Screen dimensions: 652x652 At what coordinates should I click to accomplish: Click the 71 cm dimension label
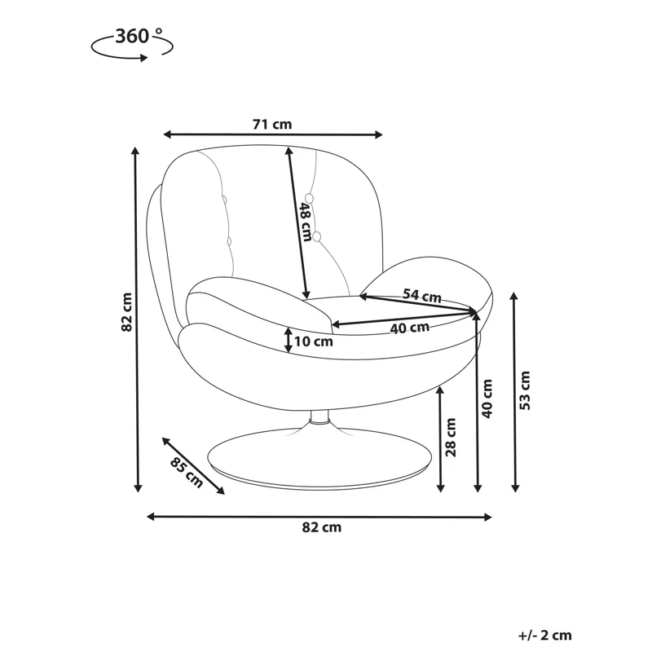(x=272, y=124)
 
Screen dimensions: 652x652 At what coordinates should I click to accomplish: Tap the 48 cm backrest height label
(x=306, y=222)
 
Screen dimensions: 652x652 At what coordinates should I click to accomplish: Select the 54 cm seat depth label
(x=421, y=295)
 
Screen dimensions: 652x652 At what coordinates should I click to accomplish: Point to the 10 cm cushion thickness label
(x=314, y=341)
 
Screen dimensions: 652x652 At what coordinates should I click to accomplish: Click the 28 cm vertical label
(x=451, y=438)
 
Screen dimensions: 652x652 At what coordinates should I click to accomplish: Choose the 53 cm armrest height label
(x=526, y=390)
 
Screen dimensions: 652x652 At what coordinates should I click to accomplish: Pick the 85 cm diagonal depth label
(x=187, y=473)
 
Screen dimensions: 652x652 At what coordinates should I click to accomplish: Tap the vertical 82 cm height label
(x=126, y=312)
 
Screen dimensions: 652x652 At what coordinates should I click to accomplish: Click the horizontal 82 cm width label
(x=321, y=527)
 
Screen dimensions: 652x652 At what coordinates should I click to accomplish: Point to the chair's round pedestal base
(x=319, y=456)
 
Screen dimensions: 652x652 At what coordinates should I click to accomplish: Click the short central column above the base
(x=319, y=417)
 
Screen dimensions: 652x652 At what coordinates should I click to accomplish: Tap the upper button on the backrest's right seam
(x=309, y=198)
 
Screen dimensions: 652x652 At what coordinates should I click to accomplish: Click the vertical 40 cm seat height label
(x=487, y=399)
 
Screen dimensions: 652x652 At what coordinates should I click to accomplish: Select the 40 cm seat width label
(x=410, y=328)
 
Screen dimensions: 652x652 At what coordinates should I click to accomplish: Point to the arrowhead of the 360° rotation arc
(x=144, y=58)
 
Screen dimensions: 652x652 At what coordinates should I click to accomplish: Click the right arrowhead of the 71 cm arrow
(x=378, y=134)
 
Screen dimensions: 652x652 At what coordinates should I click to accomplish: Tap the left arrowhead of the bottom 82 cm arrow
(x=152, y=517)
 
